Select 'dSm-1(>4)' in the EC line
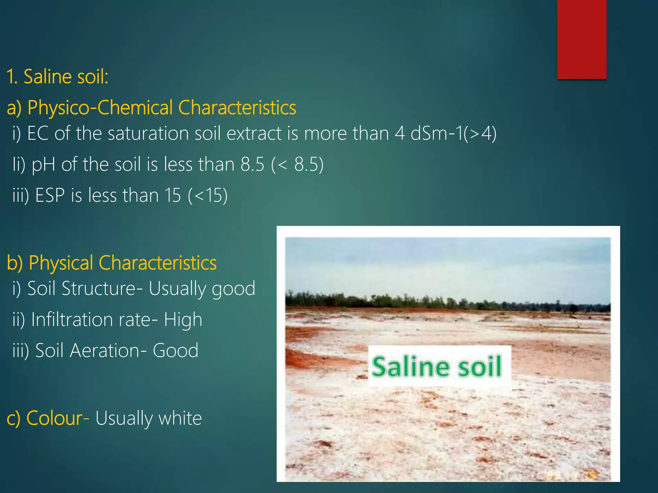(453, 133)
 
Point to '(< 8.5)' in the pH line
(297, 164)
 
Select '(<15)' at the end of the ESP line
(208, 195)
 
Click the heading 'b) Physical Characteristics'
(111, 263)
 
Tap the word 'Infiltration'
(72, 319)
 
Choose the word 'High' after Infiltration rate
(183, 320)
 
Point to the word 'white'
(180, 418)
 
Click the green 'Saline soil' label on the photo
(436, 366)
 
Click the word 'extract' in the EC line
(254, 134)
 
